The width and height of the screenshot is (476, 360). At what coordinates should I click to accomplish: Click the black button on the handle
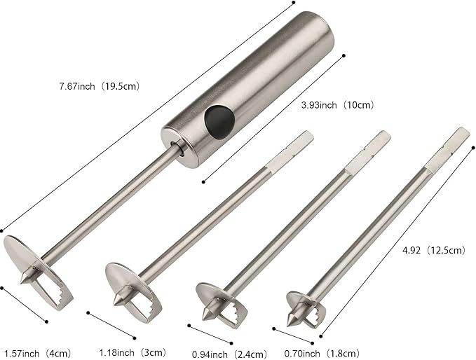pyautogui.click(x=219, y=122)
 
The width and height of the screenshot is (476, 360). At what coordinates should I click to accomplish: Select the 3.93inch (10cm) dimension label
pyautogui.click(x=336, y=105)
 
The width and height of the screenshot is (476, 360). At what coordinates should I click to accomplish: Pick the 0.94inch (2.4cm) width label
pyautogui.click(x=229, y=354)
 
